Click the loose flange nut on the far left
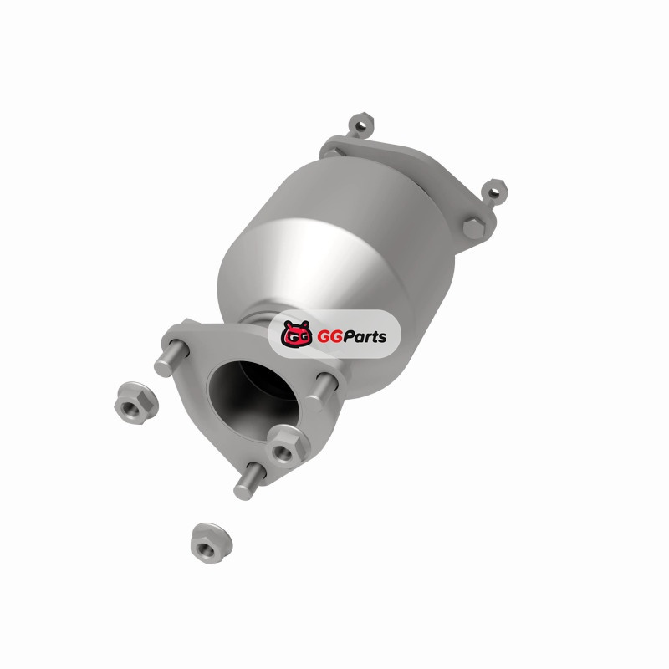tap(136, 403)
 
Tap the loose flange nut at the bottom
tap(212, 543)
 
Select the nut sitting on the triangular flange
tap(289, 446)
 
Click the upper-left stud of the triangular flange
tap(171, 358)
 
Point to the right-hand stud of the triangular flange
tap(321, 391)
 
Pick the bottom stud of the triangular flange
tap(250, 480)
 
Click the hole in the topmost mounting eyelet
tap(361, 126)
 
